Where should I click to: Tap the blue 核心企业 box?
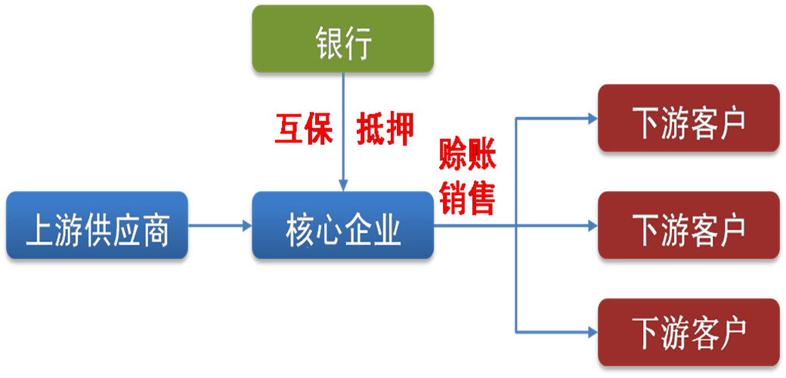click(x=342, y=225)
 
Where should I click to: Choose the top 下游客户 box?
click(x=689, y=118)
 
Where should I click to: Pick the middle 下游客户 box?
click(x=689, y=225)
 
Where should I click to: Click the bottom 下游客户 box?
click(x=689, y=331)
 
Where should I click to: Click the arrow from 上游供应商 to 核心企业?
click(x=219, y=225)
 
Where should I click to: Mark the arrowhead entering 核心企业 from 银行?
click(x=343, y=185)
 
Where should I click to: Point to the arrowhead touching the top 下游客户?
click(x=591, y=118)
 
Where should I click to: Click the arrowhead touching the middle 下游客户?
click(x=591, y=225)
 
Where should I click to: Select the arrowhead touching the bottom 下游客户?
click(x=591, y=331)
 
